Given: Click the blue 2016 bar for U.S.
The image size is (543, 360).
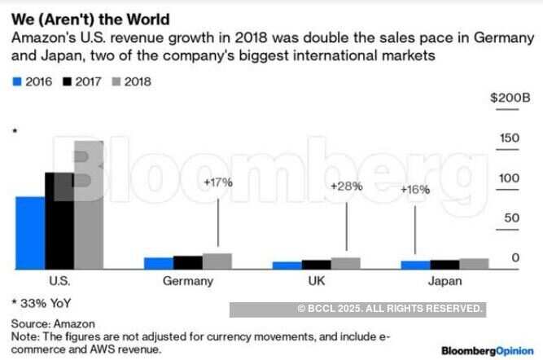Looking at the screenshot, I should pyautogui.click(x=30, y=232).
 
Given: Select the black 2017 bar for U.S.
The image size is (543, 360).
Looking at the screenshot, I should pyautogui.click(x=59, y=221).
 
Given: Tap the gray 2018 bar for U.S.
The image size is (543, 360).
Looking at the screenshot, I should pyautogui.click(x=89, y=204).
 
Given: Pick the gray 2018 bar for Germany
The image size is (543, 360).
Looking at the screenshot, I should pyautogui.click(x=217, y=261).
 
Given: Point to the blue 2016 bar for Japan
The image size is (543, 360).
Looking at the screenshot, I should pyautogui.click(x=415, y=265).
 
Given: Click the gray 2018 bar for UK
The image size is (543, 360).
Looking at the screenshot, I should pyautogui.click(x=345, y=263).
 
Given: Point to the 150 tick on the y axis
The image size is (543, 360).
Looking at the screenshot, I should pyautogui.click(x=510, y=138).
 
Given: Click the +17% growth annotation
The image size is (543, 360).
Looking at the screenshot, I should pyautogui.click(x=218, y=182).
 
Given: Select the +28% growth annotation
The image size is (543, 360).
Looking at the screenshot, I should pyautogui.click(x=346, y=187).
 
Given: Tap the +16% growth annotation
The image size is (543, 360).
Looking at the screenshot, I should pyautogui.click(x=415, y=190).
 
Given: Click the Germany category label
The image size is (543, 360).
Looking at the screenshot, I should pyautogui.click(x=188, y=281).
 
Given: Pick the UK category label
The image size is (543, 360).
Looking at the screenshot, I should pyautogui.click(x=315, y=281).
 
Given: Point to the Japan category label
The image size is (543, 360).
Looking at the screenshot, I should pyautogui.click(x=444, y=281).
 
